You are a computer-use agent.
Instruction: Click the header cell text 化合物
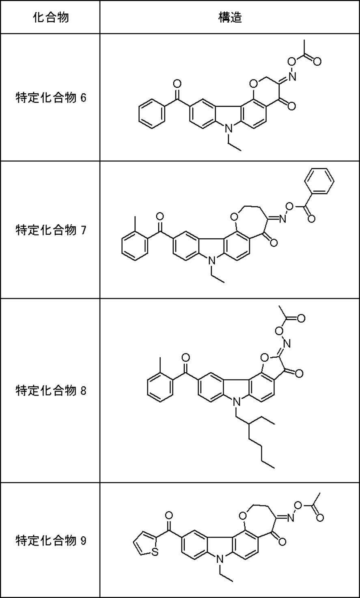coord(50,17)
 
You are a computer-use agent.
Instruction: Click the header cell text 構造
coord(230,17)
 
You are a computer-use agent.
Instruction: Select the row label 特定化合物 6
coord(51,98)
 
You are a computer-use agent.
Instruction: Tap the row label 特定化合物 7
coord(51,230)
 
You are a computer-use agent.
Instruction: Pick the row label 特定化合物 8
coord(51,391)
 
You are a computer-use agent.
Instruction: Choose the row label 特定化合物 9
coord(51,540)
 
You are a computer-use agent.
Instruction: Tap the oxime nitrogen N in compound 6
coord(292,76)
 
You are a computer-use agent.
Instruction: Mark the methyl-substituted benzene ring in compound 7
coord(135,245)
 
